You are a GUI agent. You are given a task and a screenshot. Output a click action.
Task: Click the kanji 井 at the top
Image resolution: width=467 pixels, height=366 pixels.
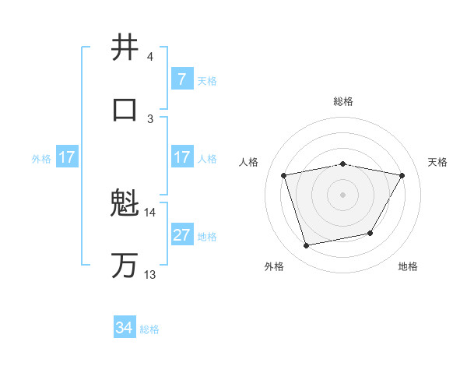(125, 48)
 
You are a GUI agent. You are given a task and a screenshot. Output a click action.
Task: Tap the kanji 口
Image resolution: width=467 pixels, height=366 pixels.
(125, 109)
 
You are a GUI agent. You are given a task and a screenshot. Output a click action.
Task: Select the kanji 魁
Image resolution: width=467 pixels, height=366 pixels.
(125, 205)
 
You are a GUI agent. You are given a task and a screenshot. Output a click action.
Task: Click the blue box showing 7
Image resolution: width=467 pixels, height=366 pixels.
(181, 79)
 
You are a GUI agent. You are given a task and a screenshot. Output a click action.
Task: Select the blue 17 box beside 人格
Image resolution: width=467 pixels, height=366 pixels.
(181, 157)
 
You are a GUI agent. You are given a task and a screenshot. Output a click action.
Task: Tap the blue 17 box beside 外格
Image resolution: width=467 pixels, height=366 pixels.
(66, 157)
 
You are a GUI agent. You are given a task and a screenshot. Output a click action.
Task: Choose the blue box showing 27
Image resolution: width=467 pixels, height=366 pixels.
(181, 235)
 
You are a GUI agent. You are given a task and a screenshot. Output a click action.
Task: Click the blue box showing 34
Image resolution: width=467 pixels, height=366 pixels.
(124, 328)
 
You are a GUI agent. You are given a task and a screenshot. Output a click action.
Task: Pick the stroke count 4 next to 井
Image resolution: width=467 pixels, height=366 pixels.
(150, 57)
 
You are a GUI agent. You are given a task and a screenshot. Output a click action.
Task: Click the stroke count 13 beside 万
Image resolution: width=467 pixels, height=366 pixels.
(149, 274)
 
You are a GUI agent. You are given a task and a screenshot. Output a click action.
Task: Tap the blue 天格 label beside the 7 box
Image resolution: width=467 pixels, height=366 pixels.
(207, 80)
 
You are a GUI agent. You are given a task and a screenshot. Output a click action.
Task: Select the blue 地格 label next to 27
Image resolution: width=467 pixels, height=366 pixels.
(207, 236)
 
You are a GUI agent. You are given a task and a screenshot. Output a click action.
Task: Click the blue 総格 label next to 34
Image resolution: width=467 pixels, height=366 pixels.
(149, 329)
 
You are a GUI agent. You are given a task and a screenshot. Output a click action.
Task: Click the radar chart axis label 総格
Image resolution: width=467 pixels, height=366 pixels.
(343, 101)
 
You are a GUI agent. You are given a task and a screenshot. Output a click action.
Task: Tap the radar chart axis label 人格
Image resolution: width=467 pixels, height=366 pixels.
(249, 162)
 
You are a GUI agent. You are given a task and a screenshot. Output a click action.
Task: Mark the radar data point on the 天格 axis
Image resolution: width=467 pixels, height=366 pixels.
(402, 175)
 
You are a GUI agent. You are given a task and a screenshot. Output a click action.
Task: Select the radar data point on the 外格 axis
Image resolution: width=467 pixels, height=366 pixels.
(306, 246)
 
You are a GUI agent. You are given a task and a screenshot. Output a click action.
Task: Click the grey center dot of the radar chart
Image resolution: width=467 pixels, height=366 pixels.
(343, 195)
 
